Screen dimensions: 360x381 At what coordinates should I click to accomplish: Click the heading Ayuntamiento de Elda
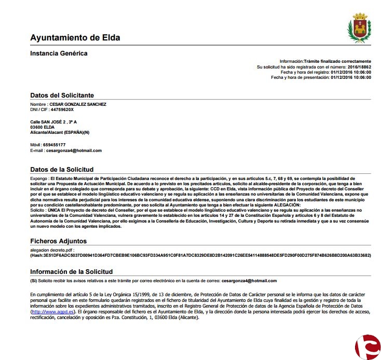coord(75,38)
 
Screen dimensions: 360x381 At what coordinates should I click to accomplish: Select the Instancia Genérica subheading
coord(59,53)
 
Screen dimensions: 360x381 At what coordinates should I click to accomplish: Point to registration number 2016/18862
coord(359,67)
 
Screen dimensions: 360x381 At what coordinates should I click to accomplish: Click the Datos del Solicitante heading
coord(62,95)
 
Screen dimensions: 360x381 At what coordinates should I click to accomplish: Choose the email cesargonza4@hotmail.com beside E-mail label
coord(74,150)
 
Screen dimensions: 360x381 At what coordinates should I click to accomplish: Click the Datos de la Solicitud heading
coord(62,170)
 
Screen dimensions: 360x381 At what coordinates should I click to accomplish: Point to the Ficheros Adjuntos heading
coord(58,241)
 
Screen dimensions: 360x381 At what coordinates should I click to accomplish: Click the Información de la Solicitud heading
coord(71,271)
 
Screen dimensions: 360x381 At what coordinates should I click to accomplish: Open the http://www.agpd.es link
coord(53,312)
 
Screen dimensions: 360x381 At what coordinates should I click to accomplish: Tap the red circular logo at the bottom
coord(368,347)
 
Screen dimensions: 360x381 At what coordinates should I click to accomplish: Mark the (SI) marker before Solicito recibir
coord(33,281)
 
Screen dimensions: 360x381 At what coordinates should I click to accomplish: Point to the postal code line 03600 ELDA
coord(42,127)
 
